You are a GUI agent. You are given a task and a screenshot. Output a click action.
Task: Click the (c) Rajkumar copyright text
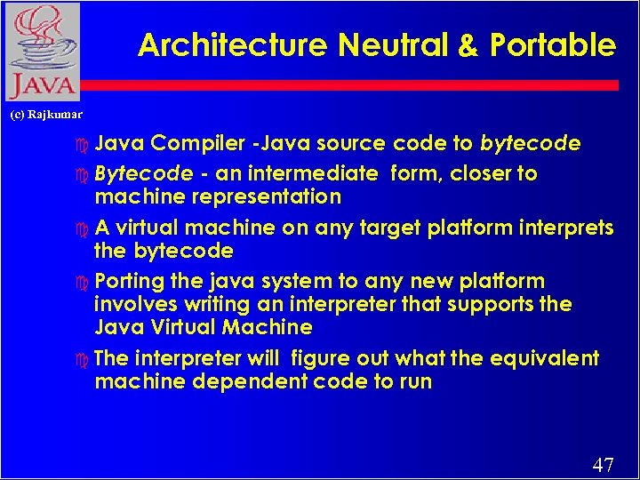[x=45, y=114]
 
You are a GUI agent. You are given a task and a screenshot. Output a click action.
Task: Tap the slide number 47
[x=603, y=464]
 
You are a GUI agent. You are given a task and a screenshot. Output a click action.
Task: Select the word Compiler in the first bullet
[x=197, y=144]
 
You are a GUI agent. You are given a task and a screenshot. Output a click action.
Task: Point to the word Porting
[x=129, y=282]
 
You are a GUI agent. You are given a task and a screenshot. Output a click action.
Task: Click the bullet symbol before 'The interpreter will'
[x=84, y=359]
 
